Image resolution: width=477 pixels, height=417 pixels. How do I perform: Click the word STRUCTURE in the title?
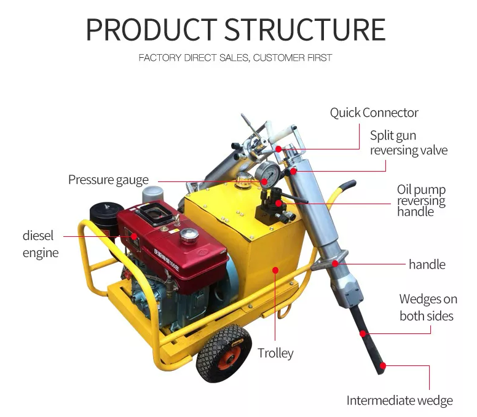304,29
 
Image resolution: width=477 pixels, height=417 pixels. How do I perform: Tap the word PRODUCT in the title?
151,29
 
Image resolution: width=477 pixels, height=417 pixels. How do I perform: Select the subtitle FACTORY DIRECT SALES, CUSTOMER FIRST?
235,58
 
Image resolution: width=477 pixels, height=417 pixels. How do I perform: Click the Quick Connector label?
374,113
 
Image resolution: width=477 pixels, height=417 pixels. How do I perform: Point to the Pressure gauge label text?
108,180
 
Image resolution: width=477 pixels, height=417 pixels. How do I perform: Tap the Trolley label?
275,353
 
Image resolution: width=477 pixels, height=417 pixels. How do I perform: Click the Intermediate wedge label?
400,400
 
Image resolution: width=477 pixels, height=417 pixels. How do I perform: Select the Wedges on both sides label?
428,308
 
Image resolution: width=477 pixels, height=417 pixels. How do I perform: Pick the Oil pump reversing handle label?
421,201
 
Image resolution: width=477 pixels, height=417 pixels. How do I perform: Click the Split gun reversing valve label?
408,143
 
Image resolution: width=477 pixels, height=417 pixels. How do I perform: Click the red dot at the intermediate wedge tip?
382,365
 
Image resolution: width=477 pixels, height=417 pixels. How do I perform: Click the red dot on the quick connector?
278,149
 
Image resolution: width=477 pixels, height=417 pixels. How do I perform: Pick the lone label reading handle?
427,264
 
